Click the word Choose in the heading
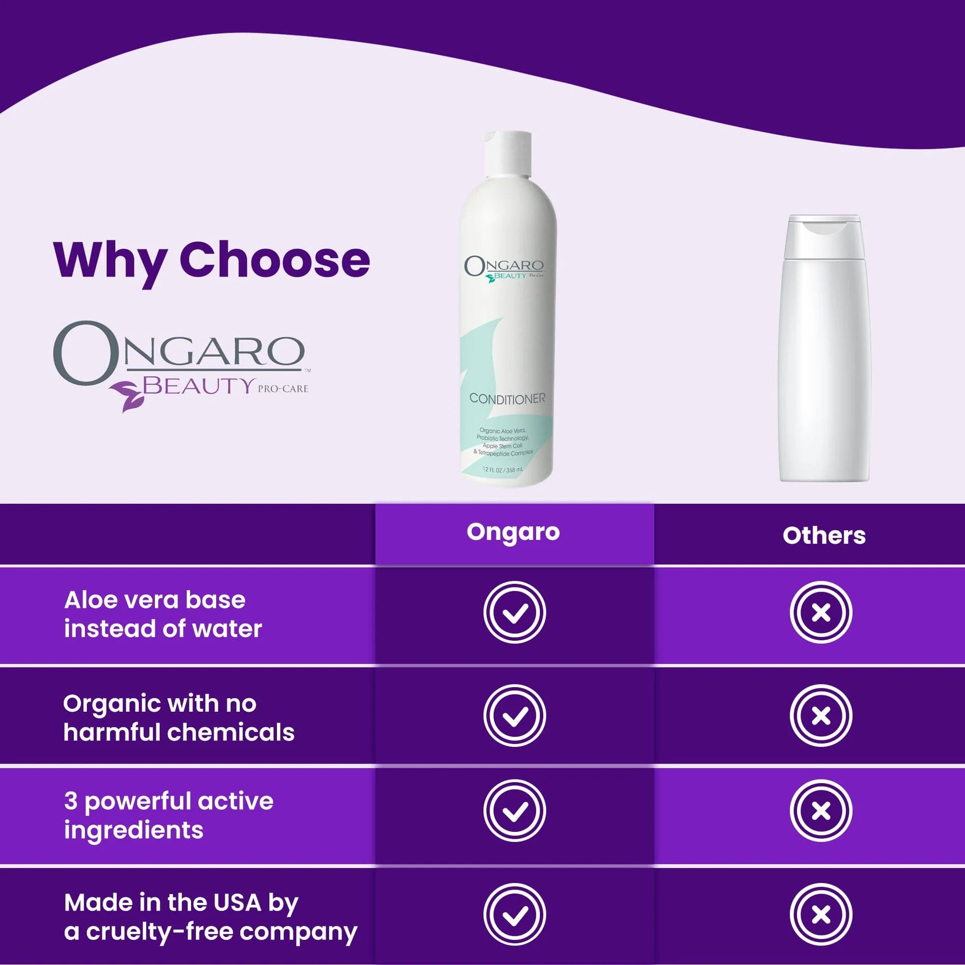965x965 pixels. point(275,259)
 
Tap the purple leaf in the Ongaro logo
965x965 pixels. point(127,396)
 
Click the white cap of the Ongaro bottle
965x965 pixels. point(508,154)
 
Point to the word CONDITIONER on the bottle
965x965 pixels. point(507,399)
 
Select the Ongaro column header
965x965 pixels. point(513,532)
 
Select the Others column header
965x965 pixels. point(824,536)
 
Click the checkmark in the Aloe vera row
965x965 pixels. point(515,612)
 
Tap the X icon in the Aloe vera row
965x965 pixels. point(821,612)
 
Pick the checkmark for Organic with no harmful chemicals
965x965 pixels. point(515,716)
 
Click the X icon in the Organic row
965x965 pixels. point(821,716)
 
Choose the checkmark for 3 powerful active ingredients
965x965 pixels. point(515,811)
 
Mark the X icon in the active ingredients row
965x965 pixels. point(821,811)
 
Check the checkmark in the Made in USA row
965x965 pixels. point(515,914)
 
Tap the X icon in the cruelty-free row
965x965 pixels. point(821,914)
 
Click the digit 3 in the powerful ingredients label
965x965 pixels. point(71,801)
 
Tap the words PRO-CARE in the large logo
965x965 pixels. point(283,389)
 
